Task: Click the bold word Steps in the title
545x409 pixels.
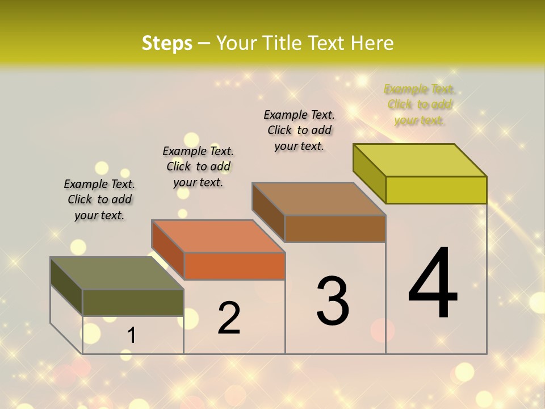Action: [x=167, y=43]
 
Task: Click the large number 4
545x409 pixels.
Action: [x=433, y=284]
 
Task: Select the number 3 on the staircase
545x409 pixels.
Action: [x=333, y=301]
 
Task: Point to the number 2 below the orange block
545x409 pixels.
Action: [x=229, y=318]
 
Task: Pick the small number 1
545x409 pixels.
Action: [x=131, y=336]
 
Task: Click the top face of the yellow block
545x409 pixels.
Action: [x=420, y=160]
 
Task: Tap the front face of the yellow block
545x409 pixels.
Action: [x=436, y=190]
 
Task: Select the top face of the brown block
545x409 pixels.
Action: [x=319, y=199]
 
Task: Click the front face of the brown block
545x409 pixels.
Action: [x=335, y=229]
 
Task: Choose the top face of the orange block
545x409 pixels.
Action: [x=218, y=236]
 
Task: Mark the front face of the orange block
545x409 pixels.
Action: [x=234, y=266]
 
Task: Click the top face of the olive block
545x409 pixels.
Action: [x=117, y=273]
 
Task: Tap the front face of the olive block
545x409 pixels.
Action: [x=133, y=303]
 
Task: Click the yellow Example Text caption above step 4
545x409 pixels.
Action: [x=420, y=105]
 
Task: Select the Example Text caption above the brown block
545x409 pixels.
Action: [x=299, y=130]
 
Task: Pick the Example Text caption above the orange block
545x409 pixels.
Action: [x=198, y=166]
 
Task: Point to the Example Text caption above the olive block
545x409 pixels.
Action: [x=99, y=199]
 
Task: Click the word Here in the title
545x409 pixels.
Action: [x=372, y=43]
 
